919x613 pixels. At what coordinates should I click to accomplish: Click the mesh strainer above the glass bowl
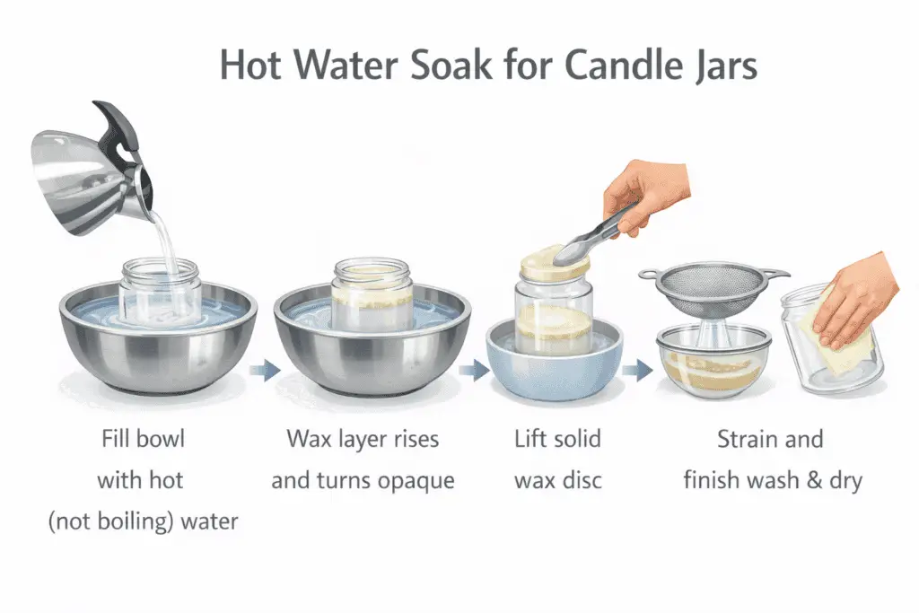tap(713, 287)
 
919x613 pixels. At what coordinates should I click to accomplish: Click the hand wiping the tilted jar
tap(857, 301)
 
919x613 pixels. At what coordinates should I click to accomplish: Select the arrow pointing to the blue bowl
tap(472, 370)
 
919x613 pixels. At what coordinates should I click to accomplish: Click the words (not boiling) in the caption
tap(112, 520)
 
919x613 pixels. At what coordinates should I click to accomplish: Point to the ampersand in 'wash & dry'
tap(812, 480)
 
